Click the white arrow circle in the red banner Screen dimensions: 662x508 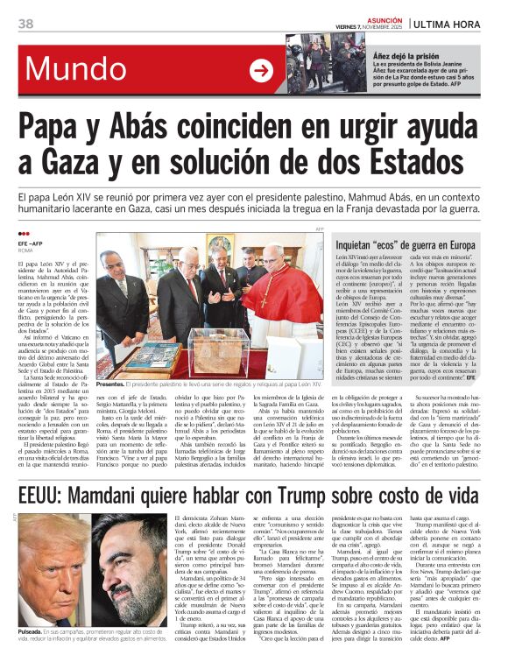(x=260, y=70)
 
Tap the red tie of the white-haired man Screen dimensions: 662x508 (x=190, y=289)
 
